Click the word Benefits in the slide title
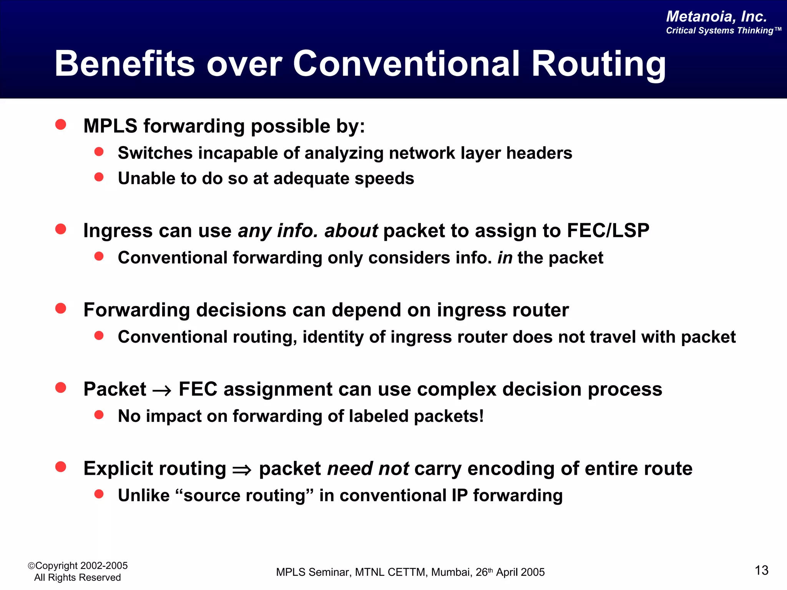tap(125, 64)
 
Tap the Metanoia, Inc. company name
tap(716, 17)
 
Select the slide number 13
tap(761, 570)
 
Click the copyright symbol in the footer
tap(31, 566)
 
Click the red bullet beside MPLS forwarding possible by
tap(61, 124)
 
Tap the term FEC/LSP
tap(608, 231)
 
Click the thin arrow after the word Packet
tap(162, 391)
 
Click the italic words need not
tap(368, 469)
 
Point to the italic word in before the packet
tap(505, 258)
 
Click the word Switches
tap(155, 153)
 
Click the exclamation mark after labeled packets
tap(481, 416)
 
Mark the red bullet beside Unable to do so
tap(99, 177)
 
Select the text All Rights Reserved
tap(77, 578)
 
